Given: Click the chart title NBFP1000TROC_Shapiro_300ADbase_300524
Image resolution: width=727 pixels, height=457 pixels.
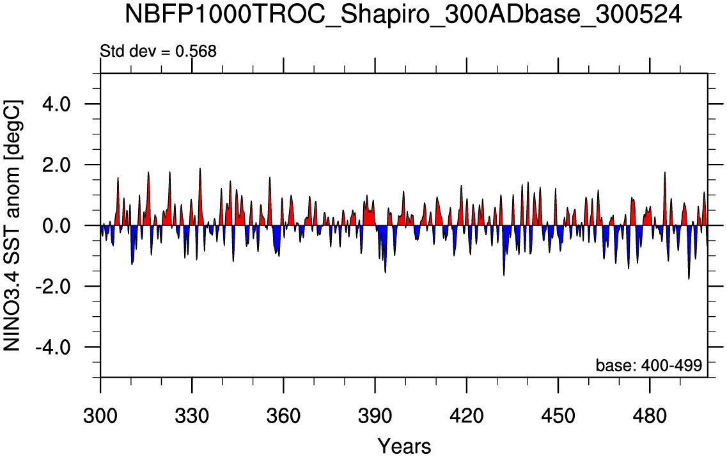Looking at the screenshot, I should (403, 14).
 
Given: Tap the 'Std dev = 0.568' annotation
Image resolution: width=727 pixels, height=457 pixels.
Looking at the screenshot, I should (159, 52).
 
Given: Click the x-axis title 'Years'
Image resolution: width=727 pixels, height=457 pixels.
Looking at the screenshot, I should (403, 445).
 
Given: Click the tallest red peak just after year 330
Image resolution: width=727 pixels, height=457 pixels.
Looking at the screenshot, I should (200, 170).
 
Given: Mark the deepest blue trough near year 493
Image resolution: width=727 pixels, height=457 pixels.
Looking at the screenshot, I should (689, 277).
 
